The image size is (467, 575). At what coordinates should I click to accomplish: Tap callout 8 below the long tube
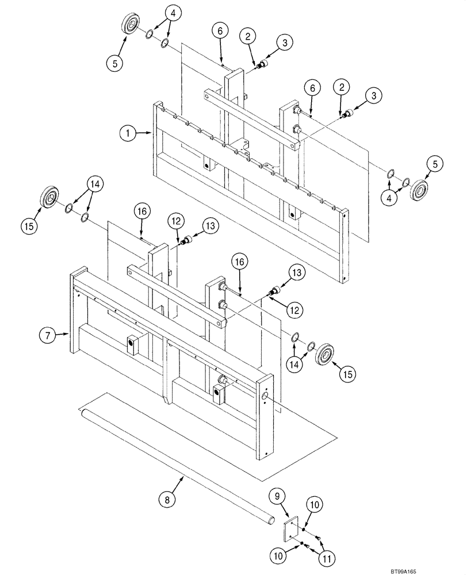coord(168,500)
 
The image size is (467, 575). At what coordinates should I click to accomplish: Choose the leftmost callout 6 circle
coord(220,32)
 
